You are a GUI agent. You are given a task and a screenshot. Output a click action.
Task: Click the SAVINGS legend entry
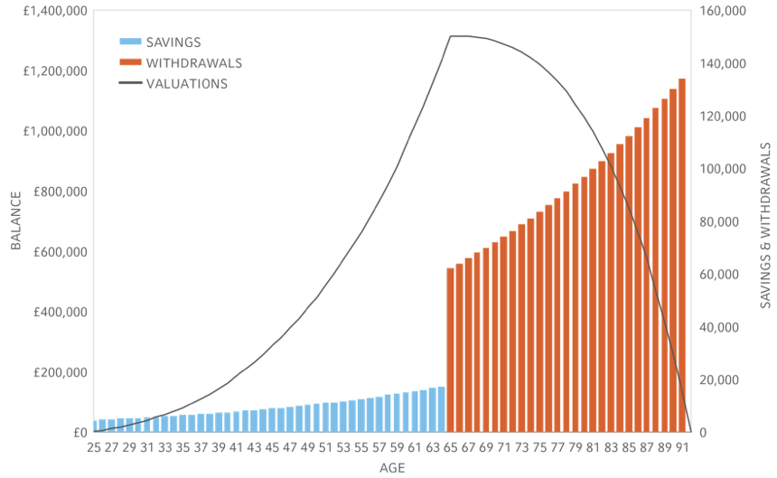[173, 42]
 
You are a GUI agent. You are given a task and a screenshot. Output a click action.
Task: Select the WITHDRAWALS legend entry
[193, 63]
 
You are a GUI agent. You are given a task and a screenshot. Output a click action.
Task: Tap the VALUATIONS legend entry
[186, 84]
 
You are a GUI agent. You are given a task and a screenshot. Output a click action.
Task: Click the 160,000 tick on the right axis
[722, 11]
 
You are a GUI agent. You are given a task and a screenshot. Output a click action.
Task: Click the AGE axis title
[392, 468]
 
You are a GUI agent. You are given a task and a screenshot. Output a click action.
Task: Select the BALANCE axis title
[16, 221]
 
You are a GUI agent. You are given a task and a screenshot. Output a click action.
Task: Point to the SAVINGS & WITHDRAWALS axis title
[765, 225]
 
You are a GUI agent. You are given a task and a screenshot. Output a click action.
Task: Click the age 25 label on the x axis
[94, 447]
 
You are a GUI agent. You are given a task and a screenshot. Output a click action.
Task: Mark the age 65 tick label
[451, 447]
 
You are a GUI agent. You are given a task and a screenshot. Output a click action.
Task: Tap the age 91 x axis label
[682, 447]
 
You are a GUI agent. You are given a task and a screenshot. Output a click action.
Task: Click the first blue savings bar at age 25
[94, 426]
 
